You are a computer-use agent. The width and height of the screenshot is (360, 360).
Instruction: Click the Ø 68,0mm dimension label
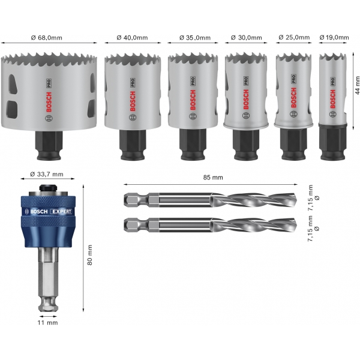(47, 37)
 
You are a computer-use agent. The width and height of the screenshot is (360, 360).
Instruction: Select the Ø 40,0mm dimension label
(132, 37)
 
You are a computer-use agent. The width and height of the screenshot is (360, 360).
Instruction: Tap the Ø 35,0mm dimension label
(195, 37)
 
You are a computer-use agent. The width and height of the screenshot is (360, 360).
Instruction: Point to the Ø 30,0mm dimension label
(247, 37)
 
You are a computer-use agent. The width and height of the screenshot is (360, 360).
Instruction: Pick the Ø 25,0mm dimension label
(294, 37)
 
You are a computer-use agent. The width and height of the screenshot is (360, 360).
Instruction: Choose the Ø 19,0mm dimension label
(334, 37)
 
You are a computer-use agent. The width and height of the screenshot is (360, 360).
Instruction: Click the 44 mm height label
(357, 85)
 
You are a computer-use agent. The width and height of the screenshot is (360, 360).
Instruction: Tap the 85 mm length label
(213, 177)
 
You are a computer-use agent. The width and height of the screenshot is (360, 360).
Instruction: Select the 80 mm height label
(89, 255)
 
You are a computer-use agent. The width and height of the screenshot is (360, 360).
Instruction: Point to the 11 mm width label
(48, 323)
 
